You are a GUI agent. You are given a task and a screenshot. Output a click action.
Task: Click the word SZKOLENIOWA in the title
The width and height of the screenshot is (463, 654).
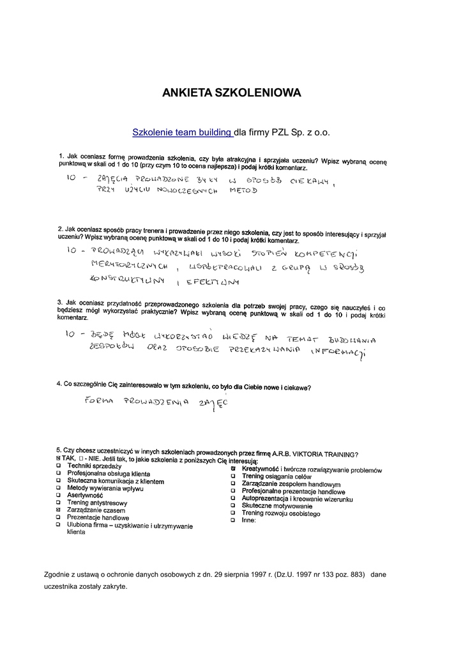(x=258, y=93)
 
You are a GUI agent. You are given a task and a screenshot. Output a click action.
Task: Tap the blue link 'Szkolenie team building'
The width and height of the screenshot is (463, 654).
(x=182, y=133)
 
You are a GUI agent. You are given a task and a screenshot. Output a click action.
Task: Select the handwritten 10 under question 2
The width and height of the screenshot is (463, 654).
(x=72, y=250)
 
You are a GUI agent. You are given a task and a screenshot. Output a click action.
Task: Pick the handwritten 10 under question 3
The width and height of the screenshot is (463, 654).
(x=72, y=333)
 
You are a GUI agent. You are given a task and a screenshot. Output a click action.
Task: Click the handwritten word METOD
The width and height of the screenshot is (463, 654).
(x=243, y=191)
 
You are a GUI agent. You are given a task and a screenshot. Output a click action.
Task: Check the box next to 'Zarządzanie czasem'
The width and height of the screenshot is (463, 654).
(x=58, y=510)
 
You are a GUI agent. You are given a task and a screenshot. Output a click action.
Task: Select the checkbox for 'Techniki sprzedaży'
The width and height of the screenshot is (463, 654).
(x=58, y=466)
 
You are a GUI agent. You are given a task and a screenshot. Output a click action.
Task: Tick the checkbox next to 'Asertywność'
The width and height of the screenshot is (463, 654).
(x=58, y=495)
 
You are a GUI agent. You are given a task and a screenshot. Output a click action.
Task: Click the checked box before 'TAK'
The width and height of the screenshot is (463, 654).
(x=58, y=460)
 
